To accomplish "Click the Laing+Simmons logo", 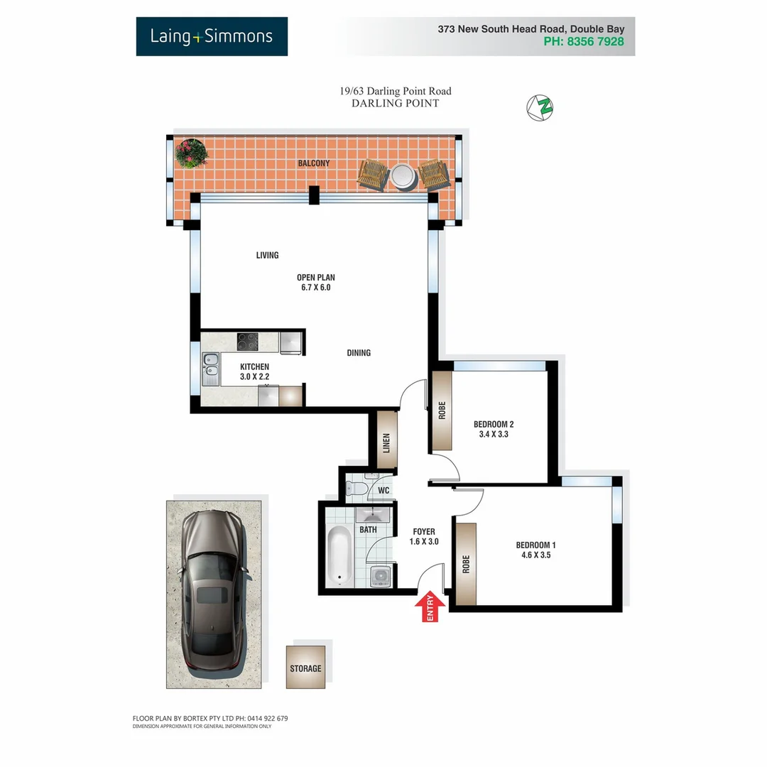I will [x=212, y=36].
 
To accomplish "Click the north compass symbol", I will [x=540, y=107].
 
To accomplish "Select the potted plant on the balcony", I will [x=191, y=153].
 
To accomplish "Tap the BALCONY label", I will [x=314, y=163].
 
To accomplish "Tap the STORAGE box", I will [x=305, y=668].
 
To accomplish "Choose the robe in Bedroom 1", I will [x=466, y=565].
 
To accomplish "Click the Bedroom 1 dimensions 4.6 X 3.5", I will [x=535, y=556].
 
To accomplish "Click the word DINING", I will [x=359, y=353].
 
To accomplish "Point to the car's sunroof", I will [x=208, y=595].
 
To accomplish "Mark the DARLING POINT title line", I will [x=396, y=104].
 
